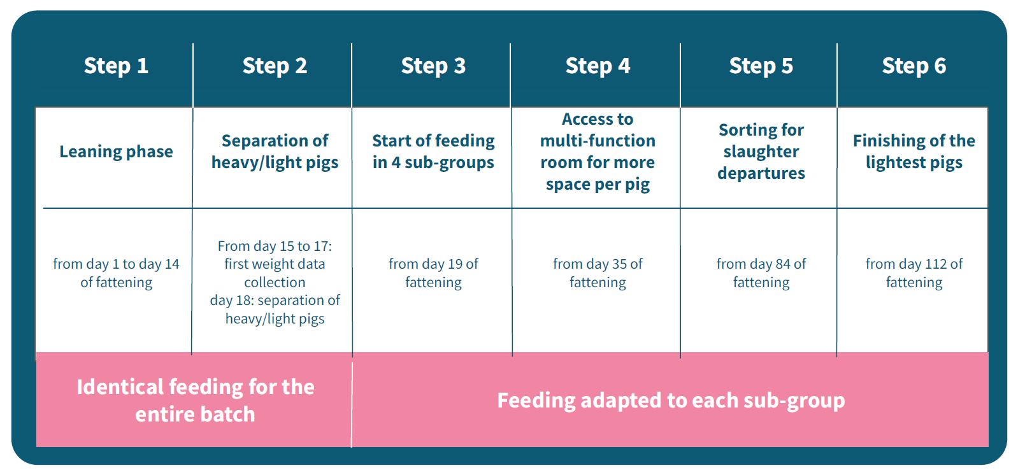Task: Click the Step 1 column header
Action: pyautogui.click(x=116, y=66)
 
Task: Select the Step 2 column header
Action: pyautogui.click(x=275, y=66)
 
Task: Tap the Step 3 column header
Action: pyautogui.click(x=433, y=66)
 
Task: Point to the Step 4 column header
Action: pyautogui.click(x=598, y=66)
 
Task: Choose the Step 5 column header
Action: pyautogui.click(x=761, y=66)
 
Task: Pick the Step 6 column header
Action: pyautogui.click(x=914, y=66)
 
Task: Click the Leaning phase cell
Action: pyautogui.click(x=116, y=152)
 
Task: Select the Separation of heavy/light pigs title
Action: pyautogui.click(x=275, y=152)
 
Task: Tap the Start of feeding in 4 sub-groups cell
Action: pyautogui.click(x=433, y=152)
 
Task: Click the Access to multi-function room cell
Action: pyautogui.click(x=598, y=152)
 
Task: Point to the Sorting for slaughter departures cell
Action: pyautogui.click(x=761, y=152)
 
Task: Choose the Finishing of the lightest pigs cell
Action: pyautogui.click(x=914, y=152)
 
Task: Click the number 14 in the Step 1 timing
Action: pyautogui.click(x=172, y=264)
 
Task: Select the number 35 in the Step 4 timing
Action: pyautogui.click(x=620, y=264)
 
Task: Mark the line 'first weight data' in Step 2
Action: pyautogui.click(x=275, y=264)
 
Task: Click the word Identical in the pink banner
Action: pyautogui.click(x=120, y=387)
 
